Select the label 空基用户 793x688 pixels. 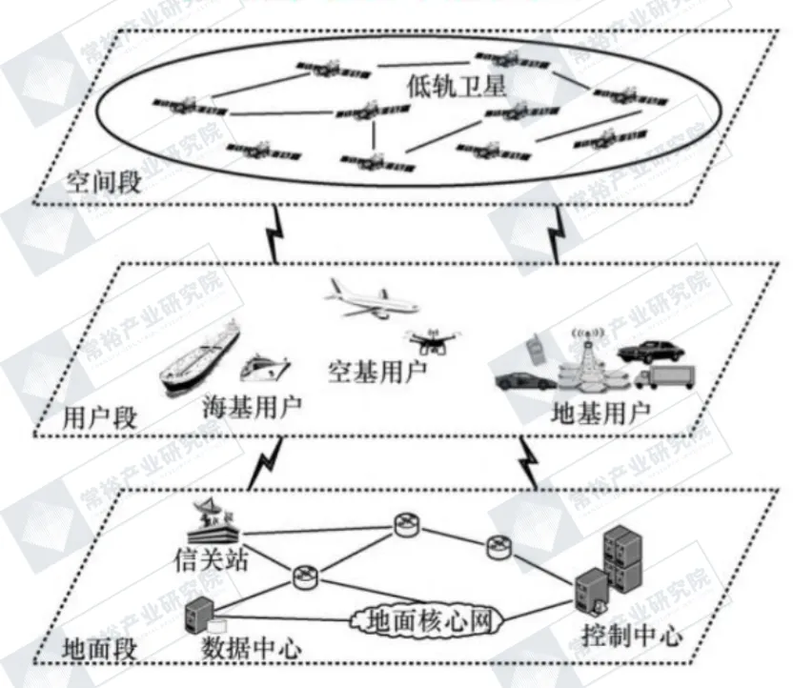point(376,369)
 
